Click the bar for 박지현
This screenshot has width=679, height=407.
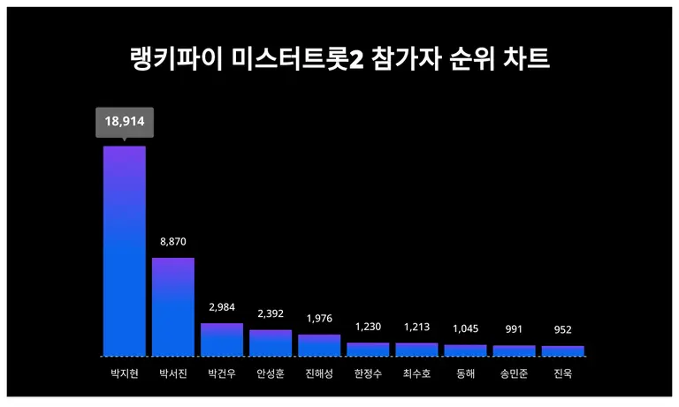pyautogui.click(x=125, y=251)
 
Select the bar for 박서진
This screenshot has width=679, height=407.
pyautogui.click(x=173, y=306)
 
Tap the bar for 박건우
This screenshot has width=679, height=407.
pyautogui.click(x=222, y=339)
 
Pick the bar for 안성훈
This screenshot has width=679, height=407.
pyautogui.click(x=271, y=343)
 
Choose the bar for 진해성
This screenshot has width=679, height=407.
pyautogui.click(x=319, y=344)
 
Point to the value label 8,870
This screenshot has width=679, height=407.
pyautogui.click(x=173, y=242)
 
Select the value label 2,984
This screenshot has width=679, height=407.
pyautogui.click(x=222, y=307)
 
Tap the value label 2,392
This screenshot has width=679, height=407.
pyautogui.click(x=271, y=313)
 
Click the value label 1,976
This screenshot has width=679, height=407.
pyautogui.click(x=319, y=319)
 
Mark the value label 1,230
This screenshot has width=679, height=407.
pyautogui.click(x=368, y=327)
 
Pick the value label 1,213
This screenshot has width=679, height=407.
pyautogui.click(x=416, y=327)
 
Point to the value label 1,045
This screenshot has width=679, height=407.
pyautogui.click(x=465, y=328)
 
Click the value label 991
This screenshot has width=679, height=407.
pyautogui.click(x=514, y=329)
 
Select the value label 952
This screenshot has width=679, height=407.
pyautogui.click(x=562, y=329)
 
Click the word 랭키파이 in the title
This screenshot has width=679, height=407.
pyautogui.click(x=173, y=59)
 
